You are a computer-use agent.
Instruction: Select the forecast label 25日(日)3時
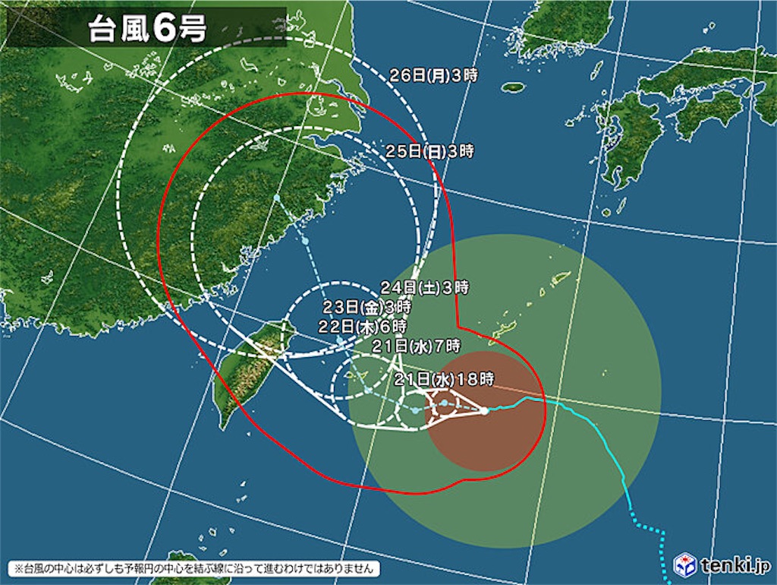click(x=429, y=151)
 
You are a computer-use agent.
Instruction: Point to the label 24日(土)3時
click(x=424, y=288)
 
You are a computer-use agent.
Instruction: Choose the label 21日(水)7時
click(x=415, y=346)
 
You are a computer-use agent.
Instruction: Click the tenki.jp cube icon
click(x=685, y=564)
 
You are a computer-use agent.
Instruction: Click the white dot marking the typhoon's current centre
click(x=484, y=411)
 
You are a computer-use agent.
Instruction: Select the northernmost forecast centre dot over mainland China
click(x=278, y=198)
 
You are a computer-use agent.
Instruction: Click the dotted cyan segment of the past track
click(x=653, y=532)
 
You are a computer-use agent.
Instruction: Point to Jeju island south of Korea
click(x=514, y=87)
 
